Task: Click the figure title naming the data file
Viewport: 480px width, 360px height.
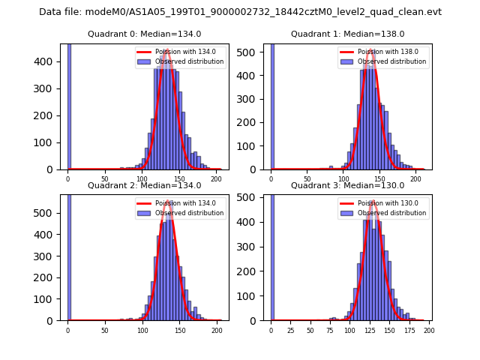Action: pyautogui.click(x=240, y=12)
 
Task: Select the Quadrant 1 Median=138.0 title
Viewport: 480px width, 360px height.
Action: pyautogui.click(x=347, y=34)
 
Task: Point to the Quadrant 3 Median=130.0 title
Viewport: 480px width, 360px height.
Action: pyautogui.click(x=347, y=185)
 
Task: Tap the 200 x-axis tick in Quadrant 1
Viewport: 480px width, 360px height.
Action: pyautogui.click(x=416, y=179)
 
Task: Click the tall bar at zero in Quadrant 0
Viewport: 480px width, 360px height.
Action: pyautogui.click(x=69, y=105)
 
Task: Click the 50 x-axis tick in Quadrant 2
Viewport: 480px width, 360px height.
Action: pyautogui.click(x=105, y=330)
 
